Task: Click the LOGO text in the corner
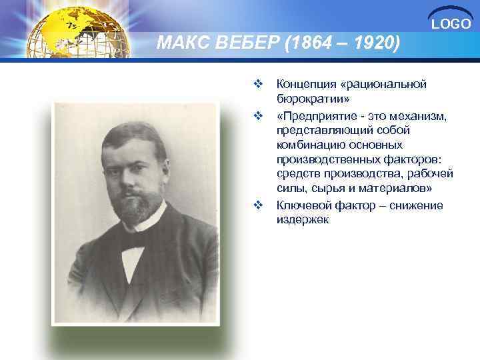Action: [x=451, y=25]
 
